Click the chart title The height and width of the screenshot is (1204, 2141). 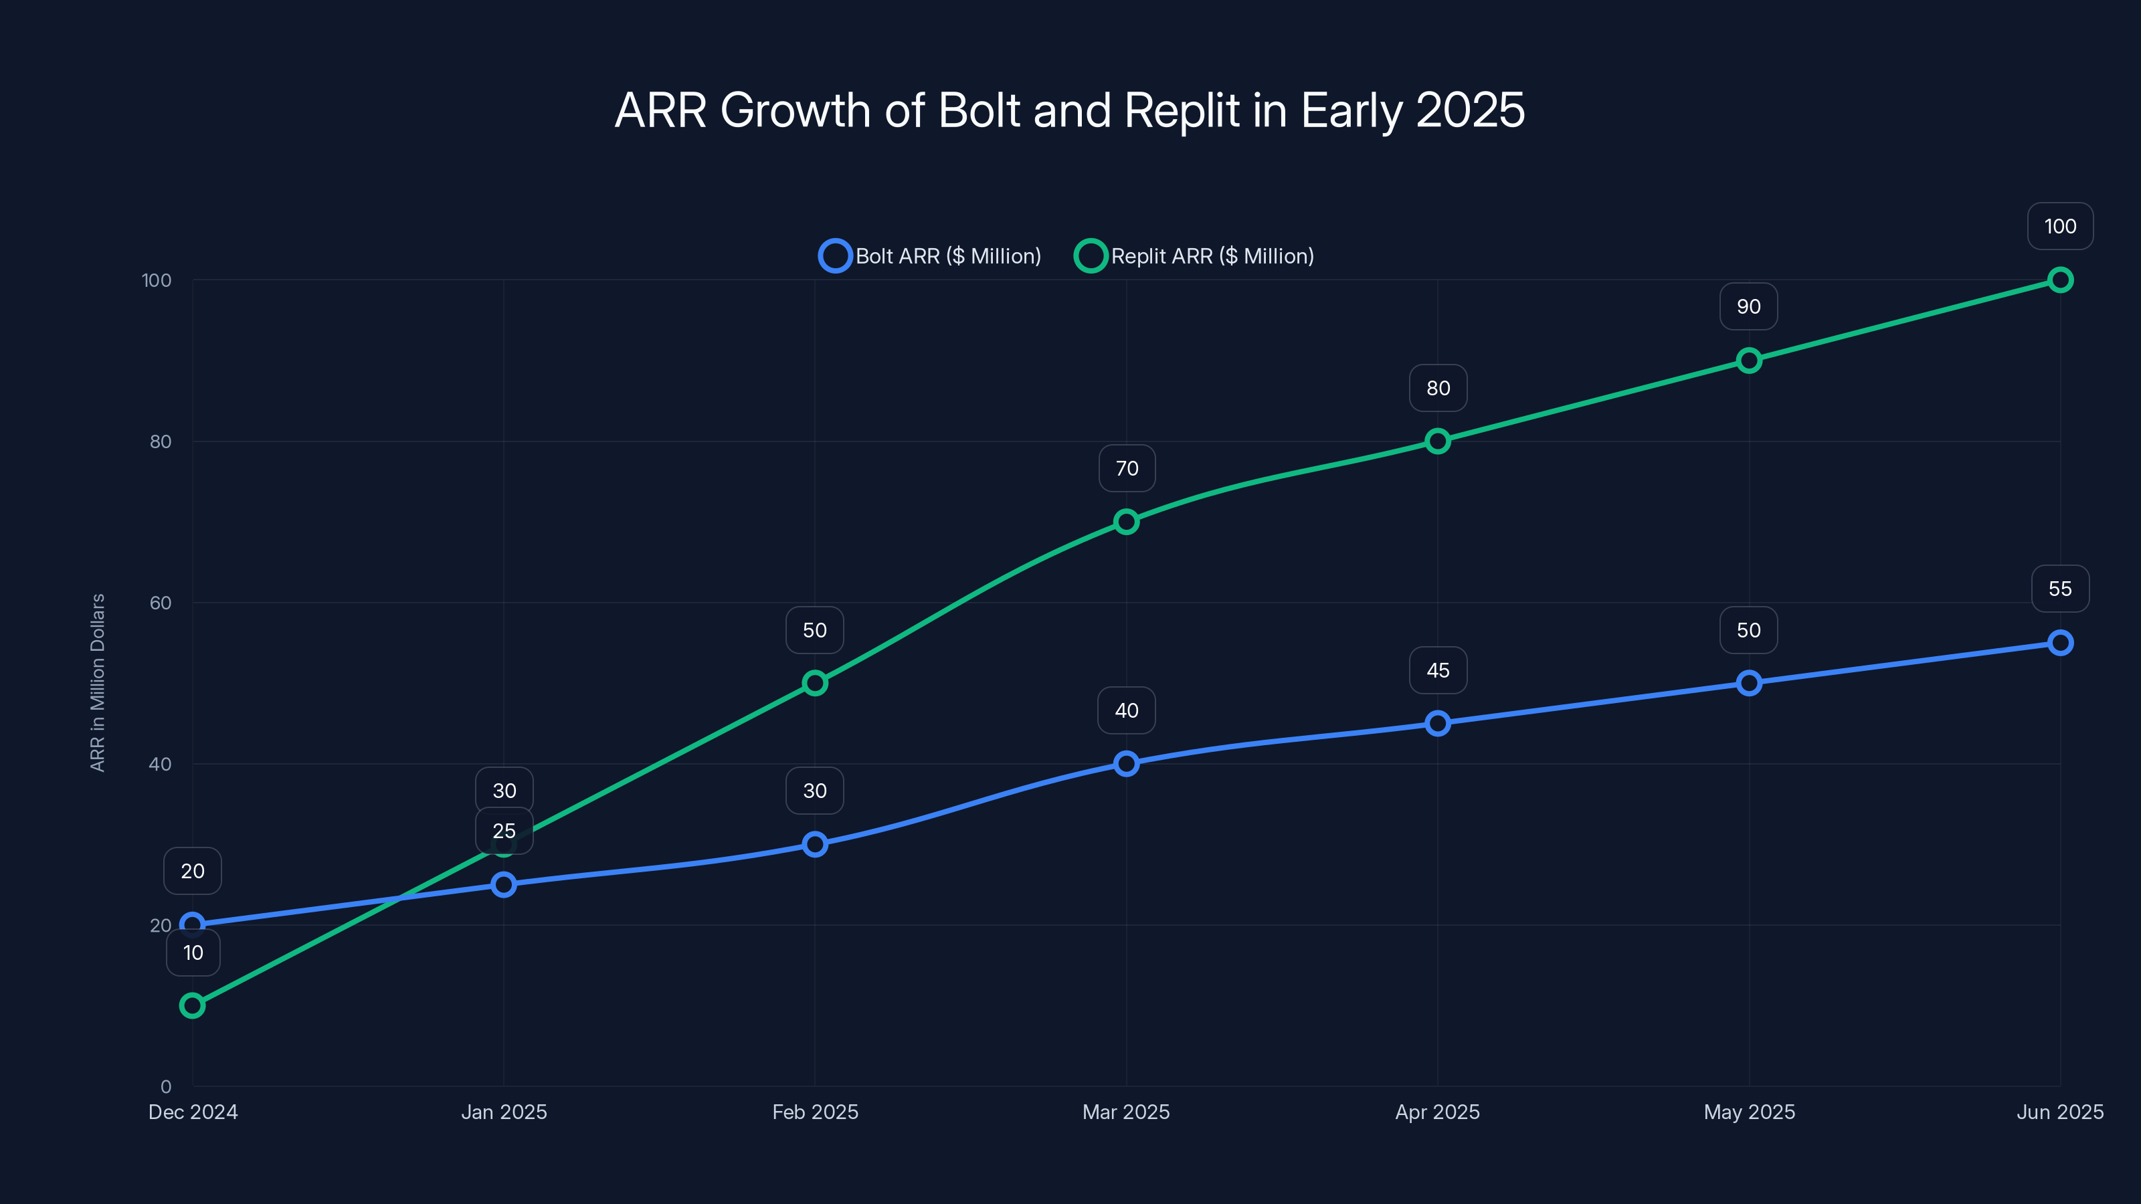point(1070,110)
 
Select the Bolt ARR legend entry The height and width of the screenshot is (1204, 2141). point(930,256)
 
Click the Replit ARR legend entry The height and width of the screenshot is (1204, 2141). point(1194,256)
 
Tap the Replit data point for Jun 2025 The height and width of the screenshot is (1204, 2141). point(2059,280)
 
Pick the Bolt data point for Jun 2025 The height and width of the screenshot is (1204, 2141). point(2059,642)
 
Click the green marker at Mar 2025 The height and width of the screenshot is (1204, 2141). point(1126,522)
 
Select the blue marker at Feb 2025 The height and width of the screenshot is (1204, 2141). point(814,844)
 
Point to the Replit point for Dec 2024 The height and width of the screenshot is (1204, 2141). point(192,1005)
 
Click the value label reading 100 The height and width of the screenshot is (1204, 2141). point(2059,227)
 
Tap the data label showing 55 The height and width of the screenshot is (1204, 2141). point(2059,589)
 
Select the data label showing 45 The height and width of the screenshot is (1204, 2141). point(1438,670)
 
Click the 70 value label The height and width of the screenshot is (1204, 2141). point(1126,469)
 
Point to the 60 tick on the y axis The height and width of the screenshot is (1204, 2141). point(161,603)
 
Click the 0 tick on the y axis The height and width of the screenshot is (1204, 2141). point(166,1086)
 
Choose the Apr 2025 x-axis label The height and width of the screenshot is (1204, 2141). point(1438,1112)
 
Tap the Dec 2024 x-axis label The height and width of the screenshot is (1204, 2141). point(193,1112)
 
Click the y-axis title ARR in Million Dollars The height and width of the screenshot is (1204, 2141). point(97,682)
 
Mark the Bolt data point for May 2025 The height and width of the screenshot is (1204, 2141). point(1749,683)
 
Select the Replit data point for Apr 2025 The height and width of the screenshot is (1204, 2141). point(1438,441)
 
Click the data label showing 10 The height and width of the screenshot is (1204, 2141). point(193,953)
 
